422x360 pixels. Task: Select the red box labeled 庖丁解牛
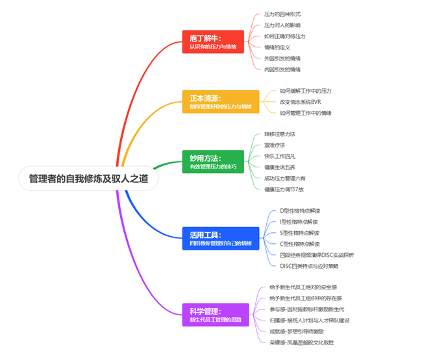pos(212,42)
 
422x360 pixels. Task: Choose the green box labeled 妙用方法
pos(213,162)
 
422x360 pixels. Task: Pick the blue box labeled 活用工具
pos(220,238)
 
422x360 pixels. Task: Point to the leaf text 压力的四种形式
pos(282,14)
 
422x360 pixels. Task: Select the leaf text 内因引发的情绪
pos(282,69)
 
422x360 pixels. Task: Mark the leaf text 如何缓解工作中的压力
pos(306,91)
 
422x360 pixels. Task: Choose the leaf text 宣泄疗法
pos(275,145)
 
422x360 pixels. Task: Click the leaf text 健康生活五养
pos(280,167)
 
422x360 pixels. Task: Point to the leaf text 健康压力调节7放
pos(284,189)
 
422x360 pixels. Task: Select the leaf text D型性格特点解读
pos(300,210)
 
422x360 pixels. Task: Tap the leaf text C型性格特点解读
pos(300,244)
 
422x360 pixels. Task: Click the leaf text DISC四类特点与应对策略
pos(309,266)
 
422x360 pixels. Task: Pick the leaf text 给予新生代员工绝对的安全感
pos(303,287)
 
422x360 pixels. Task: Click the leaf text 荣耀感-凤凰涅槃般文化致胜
pos(301,342)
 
